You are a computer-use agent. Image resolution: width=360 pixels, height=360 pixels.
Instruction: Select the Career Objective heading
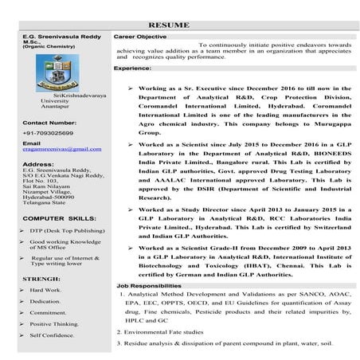tap(140, 37)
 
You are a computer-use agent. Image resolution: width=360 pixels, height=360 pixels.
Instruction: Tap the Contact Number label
tap(50, 122)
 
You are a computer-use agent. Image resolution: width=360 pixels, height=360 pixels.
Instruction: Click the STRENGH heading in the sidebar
tap(41, 280)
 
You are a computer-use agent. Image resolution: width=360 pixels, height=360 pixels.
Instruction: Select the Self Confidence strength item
tap(53, 335)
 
